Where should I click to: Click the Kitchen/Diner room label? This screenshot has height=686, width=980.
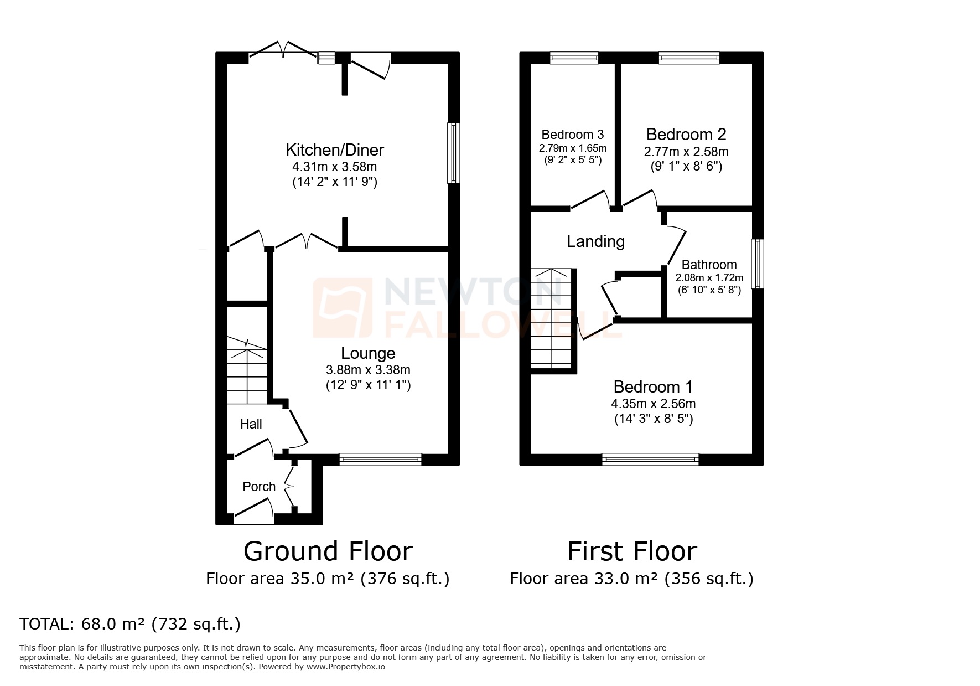(x=334, y=150)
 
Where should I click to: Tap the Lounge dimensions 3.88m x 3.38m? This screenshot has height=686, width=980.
(x=368, y=370)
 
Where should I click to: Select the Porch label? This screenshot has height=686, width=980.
(x=259, y=487)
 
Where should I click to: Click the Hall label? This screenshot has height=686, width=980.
(x=251, y=424)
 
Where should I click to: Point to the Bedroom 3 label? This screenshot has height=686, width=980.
(x=572, y=135)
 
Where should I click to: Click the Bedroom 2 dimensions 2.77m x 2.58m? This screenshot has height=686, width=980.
(x=686, y=152)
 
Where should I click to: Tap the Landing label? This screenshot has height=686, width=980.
(x=595, y=241)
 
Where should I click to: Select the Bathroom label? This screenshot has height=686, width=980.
(x=709, y=265)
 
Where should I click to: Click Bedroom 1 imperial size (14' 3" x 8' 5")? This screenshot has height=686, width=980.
(x=654, y=419)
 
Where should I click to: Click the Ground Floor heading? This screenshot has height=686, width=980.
(x=328, y=551)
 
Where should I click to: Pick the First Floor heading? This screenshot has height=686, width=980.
(x=632, y=551)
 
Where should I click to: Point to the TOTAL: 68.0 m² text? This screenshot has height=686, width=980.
(x=130, y=624)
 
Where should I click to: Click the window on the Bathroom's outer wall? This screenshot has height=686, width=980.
(x=757, y=264)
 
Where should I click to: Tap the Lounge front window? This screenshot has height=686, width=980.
(x=380, y=458)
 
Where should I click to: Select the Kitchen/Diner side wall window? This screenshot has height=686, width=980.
(x=453, y=153)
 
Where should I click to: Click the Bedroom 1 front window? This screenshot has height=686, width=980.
(x=650, y=459)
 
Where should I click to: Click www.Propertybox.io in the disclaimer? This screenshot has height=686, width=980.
(x=346, y=667)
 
